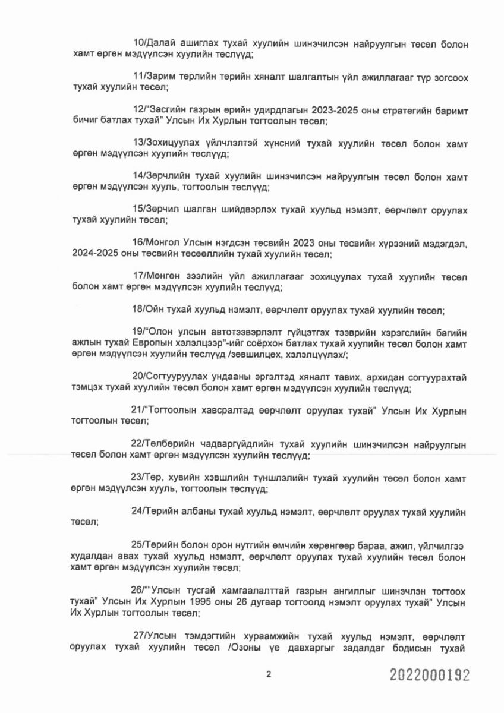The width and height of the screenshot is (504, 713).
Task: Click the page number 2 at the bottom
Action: click(x=269, y=675)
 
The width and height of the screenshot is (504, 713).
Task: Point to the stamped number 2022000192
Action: click(x=430, y=676)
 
